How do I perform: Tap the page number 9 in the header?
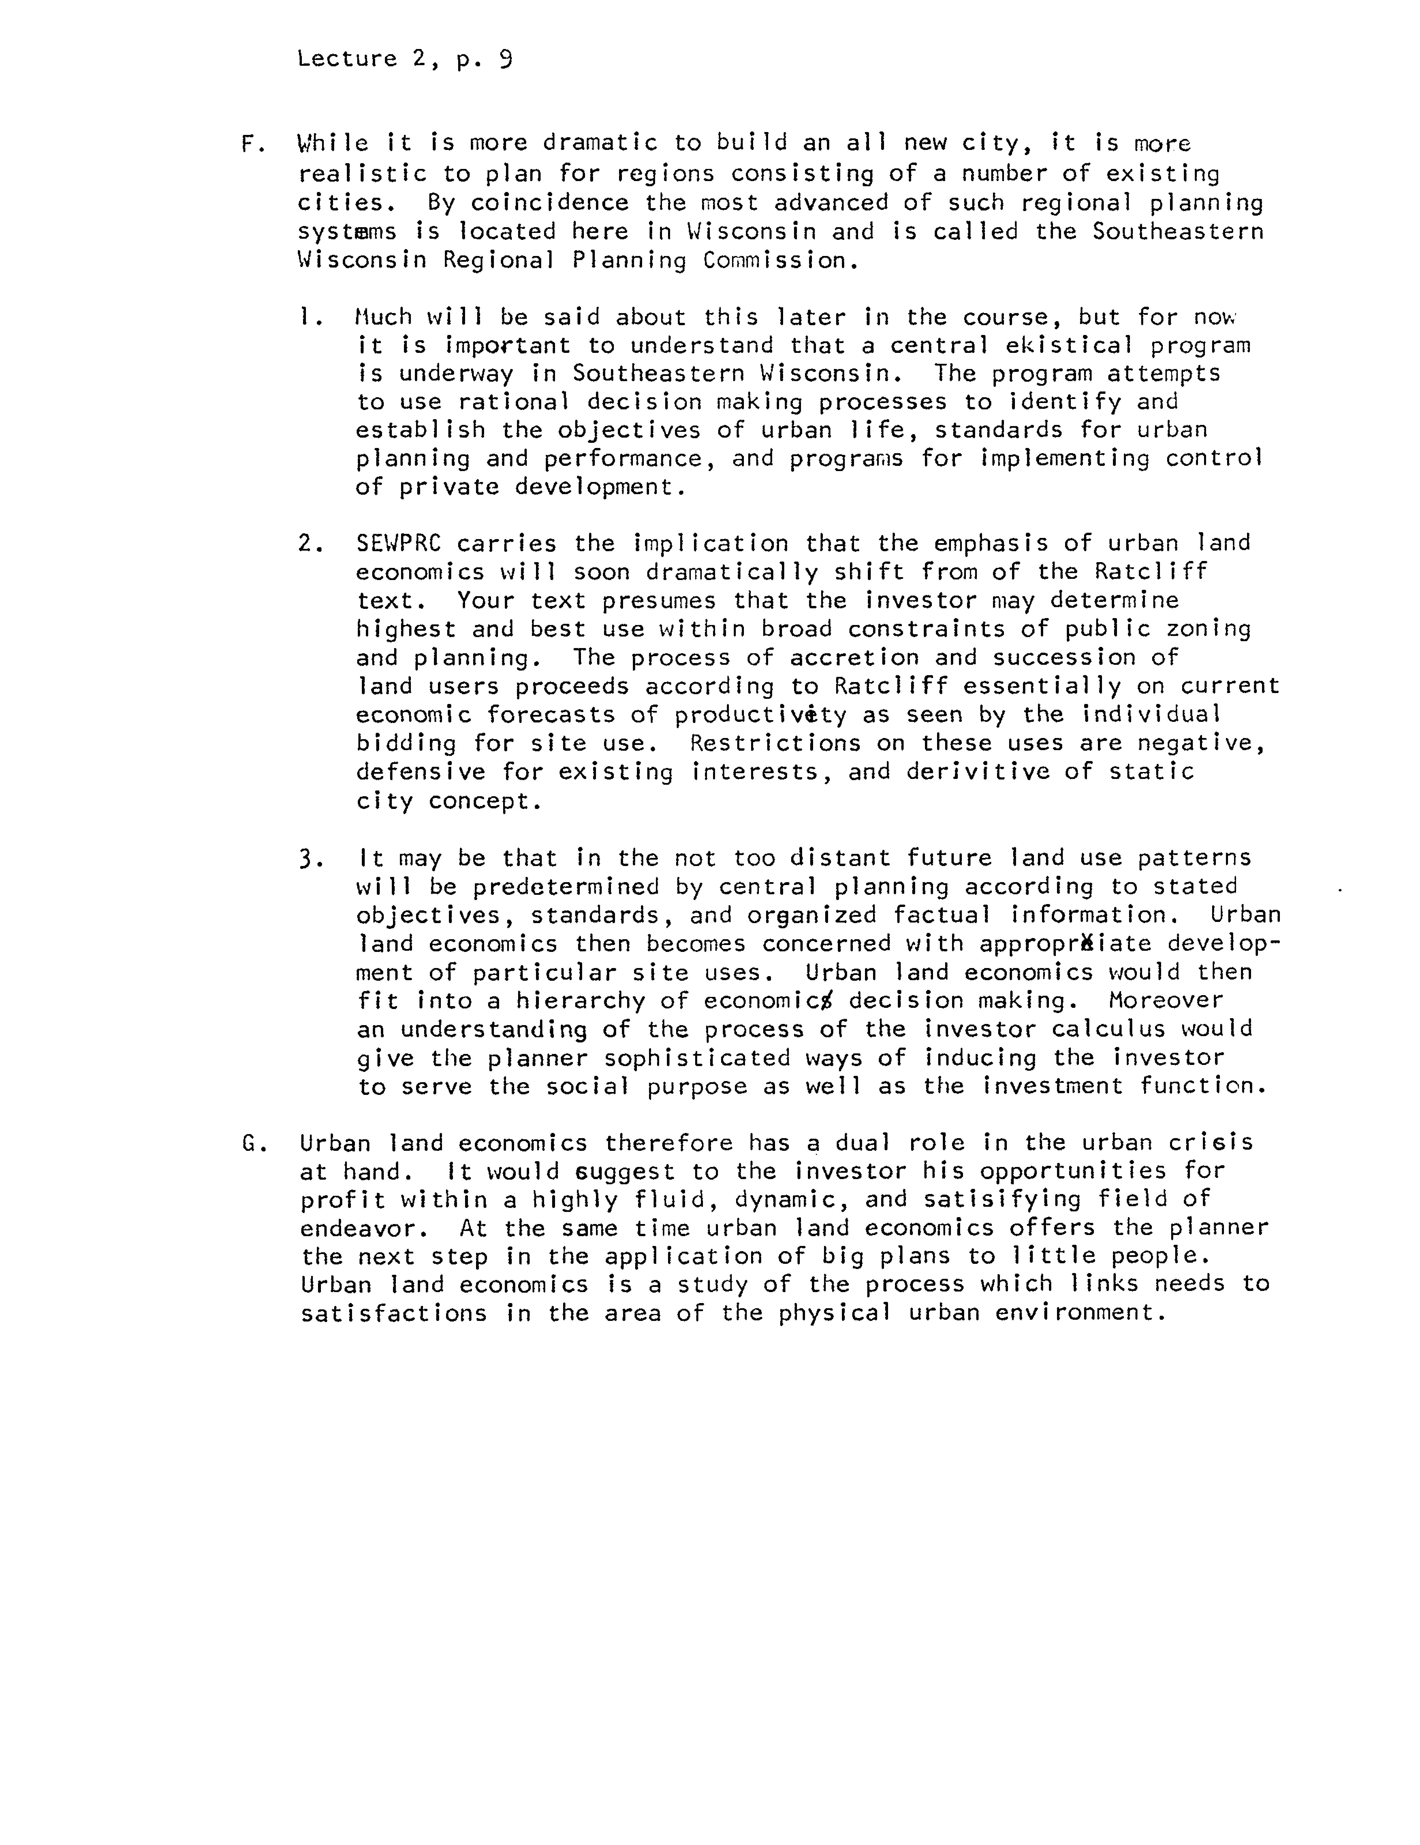coord(505,59)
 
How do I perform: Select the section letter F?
coord(248,144)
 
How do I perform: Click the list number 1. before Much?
coord(309,318)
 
